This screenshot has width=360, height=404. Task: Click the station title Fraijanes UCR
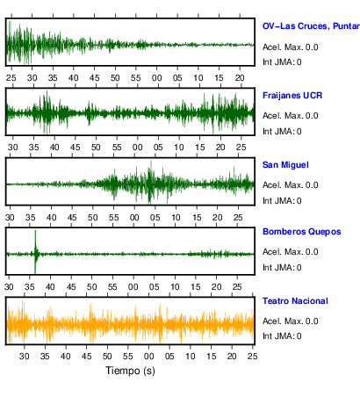pos(292,96)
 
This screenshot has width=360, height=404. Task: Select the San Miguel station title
pos(285,165)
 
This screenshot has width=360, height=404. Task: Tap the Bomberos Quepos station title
pos(302,232)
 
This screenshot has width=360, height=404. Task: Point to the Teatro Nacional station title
pos(295,301)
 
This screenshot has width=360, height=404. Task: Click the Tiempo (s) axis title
pos(130,371)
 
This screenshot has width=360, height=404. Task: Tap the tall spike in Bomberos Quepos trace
pos(35,252)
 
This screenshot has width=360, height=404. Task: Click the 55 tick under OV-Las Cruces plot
pos(136,78)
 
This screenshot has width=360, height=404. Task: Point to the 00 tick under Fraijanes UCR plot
pos(137,148)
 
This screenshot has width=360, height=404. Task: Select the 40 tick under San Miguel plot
pos(51,218)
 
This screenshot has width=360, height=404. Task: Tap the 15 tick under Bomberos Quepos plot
pos(196,287)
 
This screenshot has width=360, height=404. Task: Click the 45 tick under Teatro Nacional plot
pos(86,357)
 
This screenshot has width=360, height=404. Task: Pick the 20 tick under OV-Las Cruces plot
pos(240,78)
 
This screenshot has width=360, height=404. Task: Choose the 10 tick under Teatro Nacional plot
pos(191,357)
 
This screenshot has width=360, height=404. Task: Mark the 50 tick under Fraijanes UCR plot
pos(96,148)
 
